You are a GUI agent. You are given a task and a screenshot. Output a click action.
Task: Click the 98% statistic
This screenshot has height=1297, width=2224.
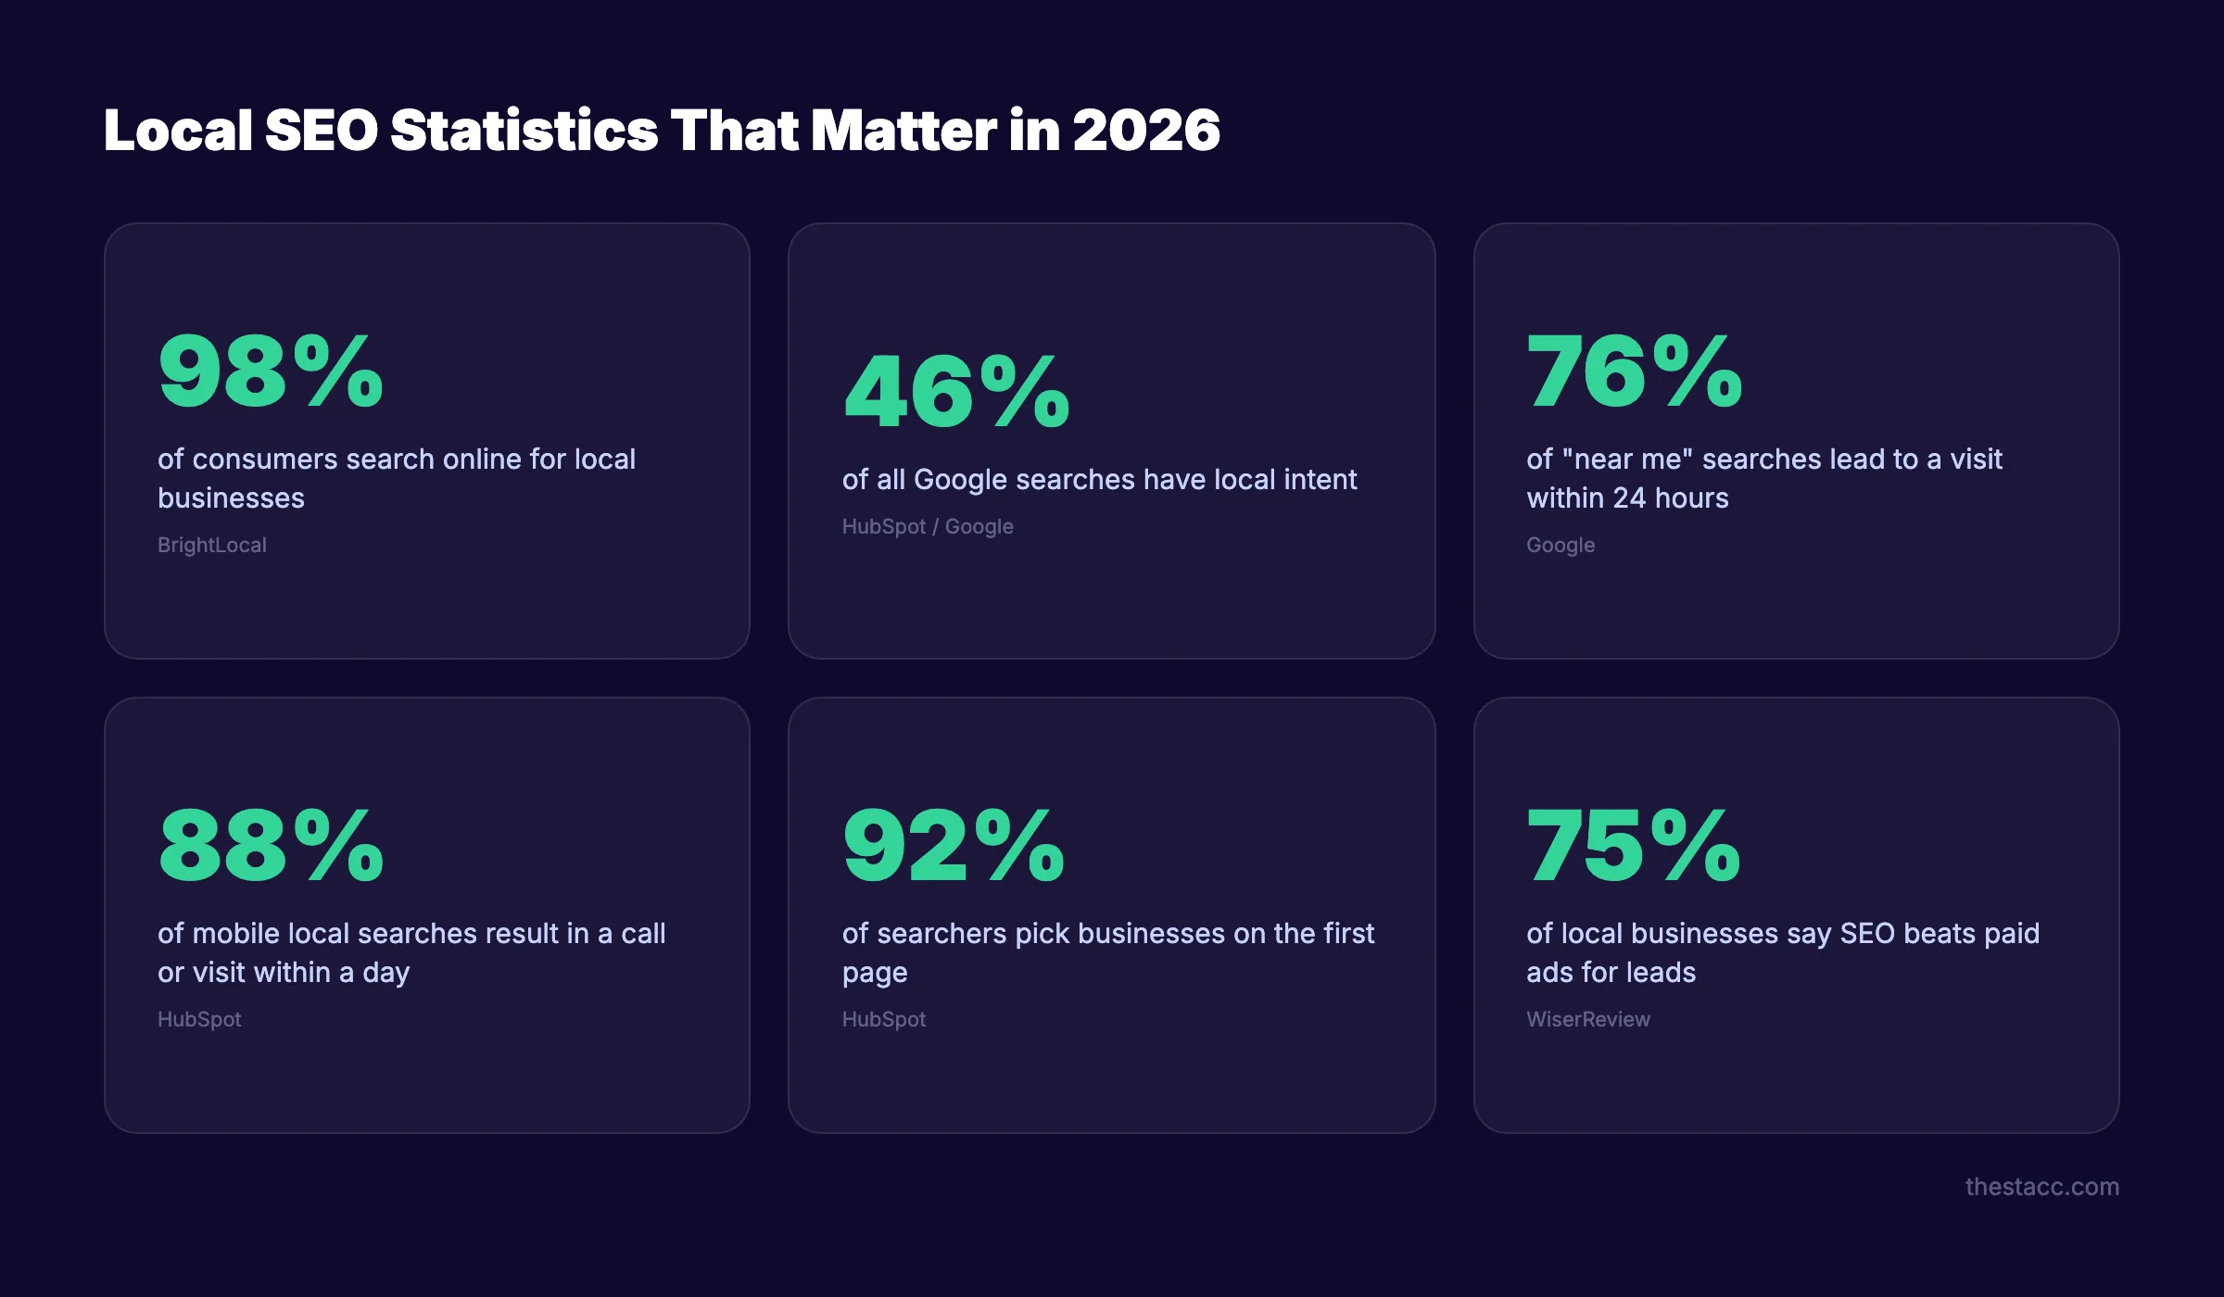pyautogui.click(x=271, y=372)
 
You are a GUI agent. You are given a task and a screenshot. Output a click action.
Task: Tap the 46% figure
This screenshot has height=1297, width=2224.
pyautogui.click(x=956, y=393)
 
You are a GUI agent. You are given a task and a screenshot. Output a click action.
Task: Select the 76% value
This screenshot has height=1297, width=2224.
pyautogui.click(x=1635, y=372)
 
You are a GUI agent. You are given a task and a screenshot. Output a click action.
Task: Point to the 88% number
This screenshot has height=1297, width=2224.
pyautogui.click(x=271, y=847)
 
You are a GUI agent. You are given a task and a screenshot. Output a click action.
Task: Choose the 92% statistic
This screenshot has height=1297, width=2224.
pyautogui.click(x=954, y=847)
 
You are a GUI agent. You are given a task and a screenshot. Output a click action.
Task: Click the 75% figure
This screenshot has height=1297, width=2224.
pyautogui.click(x=1634, y=847)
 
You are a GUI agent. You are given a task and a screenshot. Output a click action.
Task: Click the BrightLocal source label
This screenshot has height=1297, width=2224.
pyautogui.click(x=212, y=545)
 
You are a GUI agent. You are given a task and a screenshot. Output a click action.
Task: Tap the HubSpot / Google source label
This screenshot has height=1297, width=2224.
pyautogui.click(x=928, y=526)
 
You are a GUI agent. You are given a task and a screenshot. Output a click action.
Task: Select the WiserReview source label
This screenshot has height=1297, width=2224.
pyautogui.click(x=1588, y=1019)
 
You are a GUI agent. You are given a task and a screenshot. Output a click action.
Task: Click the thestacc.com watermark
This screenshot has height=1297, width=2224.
pyautogui.click(x=2041, y=1187)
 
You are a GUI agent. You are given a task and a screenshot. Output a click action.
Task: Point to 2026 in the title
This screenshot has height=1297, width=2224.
pyautogui.click(x=1146, y=130)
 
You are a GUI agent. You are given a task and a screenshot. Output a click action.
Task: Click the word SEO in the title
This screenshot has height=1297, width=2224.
pyautogui.click(x=322, y=130)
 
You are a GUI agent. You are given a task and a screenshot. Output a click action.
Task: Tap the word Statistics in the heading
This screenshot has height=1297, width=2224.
pyautogui.click(x=524, y=130)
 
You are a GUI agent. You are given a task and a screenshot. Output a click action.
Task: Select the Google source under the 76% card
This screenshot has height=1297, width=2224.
pyautogui.click(x=1561, y=545)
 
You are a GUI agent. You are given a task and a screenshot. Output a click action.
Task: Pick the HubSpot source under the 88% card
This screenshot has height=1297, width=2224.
pyautogui.click(x=199, y=1019)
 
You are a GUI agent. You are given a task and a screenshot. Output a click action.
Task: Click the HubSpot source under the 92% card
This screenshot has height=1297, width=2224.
pyautogui.click(x=884, y=1019)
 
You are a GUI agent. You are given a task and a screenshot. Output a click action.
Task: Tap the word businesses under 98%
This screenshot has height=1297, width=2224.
pyautogui.click(x=231, y=498)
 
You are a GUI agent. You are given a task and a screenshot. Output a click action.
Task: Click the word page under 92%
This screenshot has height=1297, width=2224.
pyautogui.click(x=875, y=974)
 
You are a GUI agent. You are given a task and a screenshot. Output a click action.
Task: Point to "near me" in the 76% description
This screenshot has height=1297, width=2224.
pyautogui.click(x=1627, y=460)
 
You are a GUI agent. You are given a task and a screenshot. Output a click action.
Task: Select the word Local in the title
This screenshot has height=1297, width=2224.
pyautogui.click(x=178, y=130)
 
